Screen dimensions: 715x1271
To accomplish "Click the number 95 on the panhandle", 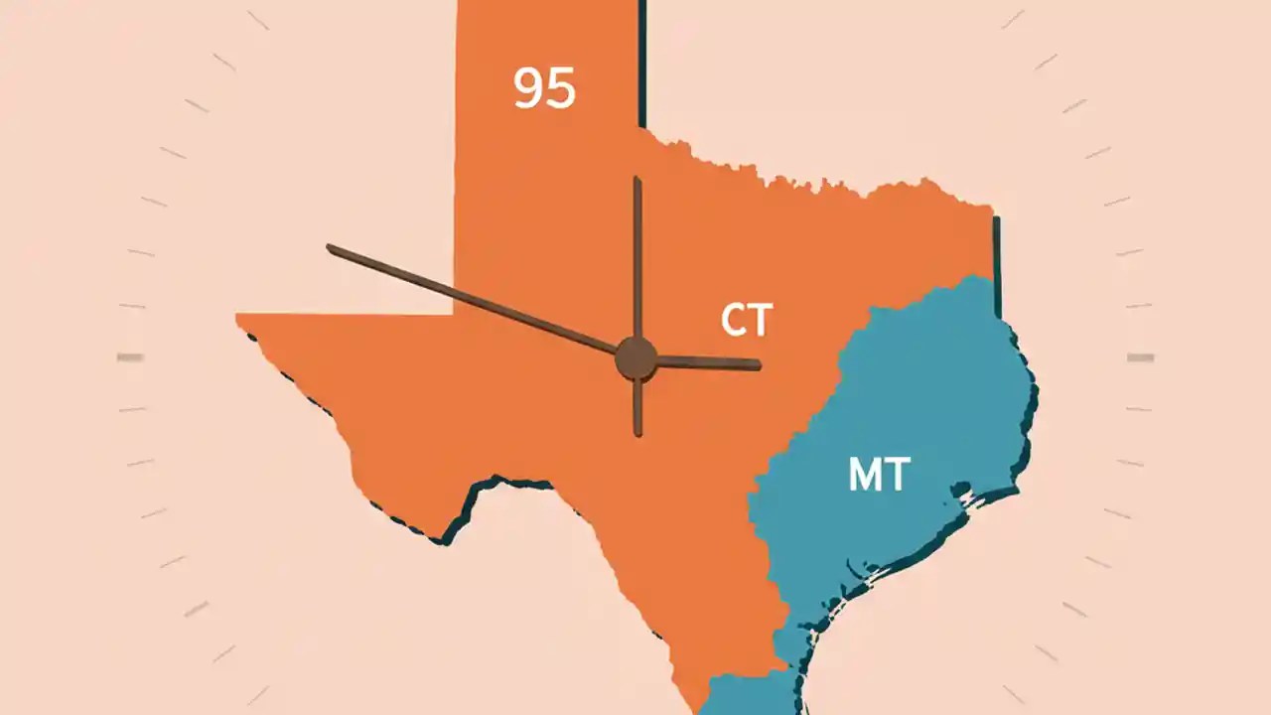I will pos(544,87).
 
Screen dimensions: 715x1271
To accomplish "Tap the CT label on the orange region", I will pos(746,321).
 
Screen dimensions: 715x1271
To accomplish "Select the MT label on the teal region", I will pos(879,475).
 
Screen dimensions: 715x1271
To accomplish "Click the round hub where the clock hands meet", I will pos(635,358).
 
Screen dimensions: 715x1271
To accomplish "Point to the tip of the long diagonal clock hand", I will pos(330,247).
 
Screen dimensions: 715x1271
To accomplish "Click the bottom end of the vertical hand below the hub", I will pos(637,434).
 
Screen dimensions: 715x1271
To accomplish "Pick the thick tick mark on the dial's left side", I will pos(130,357).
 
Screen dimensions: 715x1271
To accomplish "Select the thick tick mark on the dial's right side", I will pos(1140,357).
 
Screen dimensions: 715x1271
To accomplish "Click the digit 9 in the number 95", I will pos(529,87).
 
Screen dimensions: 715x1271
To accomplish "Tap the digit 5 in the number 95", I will pos(560,88).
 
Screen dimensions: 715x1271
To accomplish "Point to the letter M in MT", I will pos(865,475).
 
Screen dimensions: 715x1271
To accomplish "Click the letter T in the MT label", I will pos(896,475).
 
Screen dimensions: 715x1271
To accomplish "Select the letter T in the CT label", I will pos(760,321).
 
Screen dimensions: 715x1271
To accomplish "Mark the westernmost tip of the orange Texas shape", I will pos(237,317).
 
